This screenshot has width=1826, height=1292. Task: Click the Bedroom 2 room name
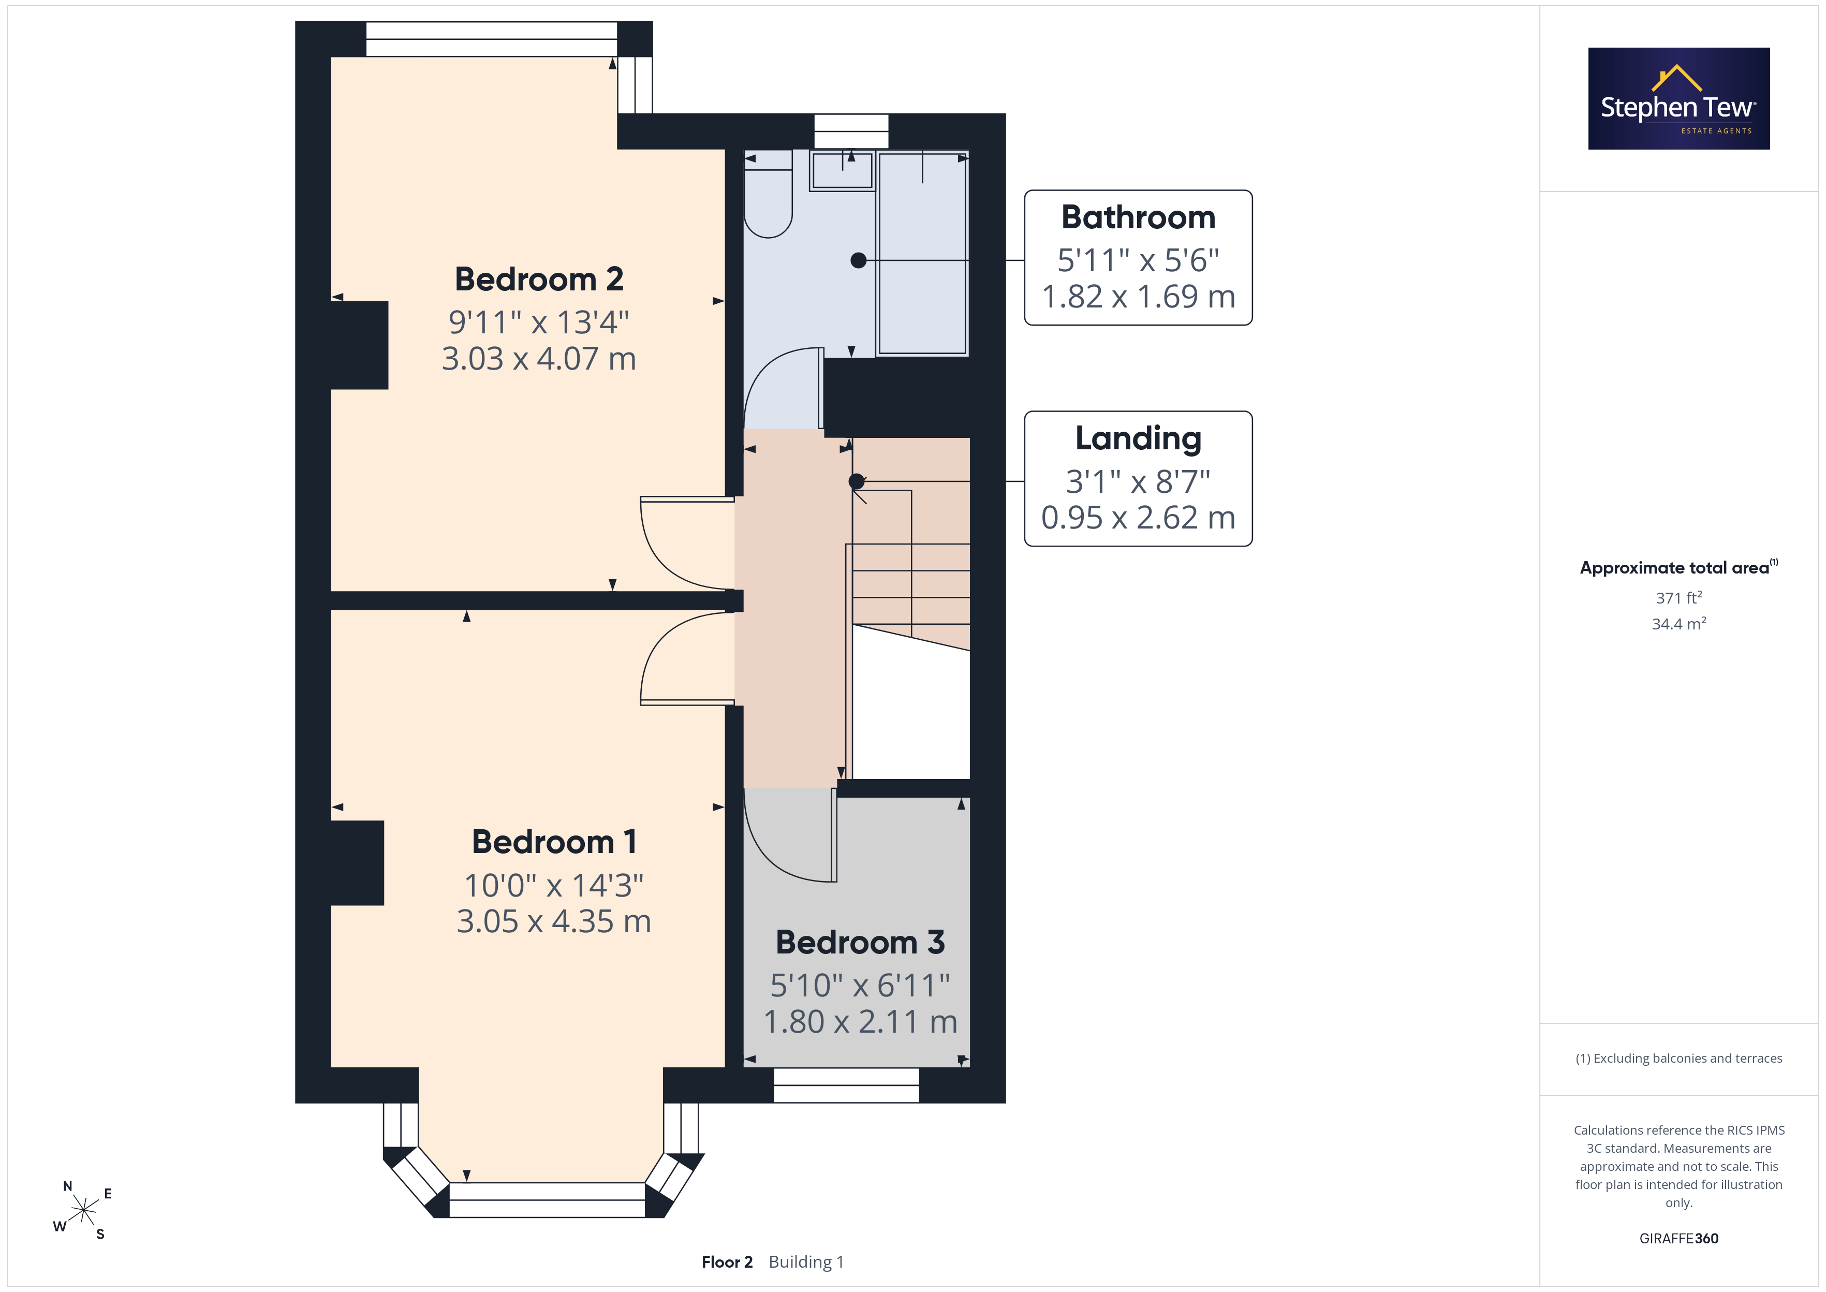[x=538, y=279]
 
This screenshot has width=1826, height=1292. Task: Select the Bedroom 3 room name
[x=860, y=942]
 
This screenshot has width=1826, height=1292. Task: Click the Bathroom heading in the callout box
[x=1138, y=217]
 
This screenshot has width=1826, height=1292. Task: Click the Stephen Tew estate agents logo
[x=1679, y=99]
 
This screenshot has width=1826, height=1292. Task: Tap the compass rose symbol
[x=83, y=1211]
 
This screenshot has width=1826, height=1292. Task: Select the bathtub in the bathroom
[x=922, y=253]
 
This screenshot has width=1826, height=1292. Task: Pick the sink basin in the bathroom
[x=842, y=170]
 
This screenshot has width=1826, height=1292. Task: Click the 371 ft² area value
[x=1679, y=597]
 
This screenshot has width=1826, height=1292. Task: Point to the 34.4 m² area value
[x=1679, y=624]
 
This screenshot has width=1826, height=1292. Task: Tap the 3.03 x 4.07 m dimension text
[x=538, y=359]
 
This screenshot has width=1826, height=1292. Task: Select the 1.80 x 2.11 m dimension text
[x=860, y=1021]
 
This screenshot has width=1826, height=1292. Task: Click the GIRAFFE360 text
[x=1679, y=1239]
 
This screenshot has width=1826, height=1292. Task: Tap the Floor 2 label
[x=727, y=1262]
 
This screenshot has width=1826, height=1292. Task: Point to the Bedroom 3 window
[x=846, y=1085]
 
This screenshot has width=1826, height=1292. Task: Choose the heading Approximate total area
[x=1674, y=568]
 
